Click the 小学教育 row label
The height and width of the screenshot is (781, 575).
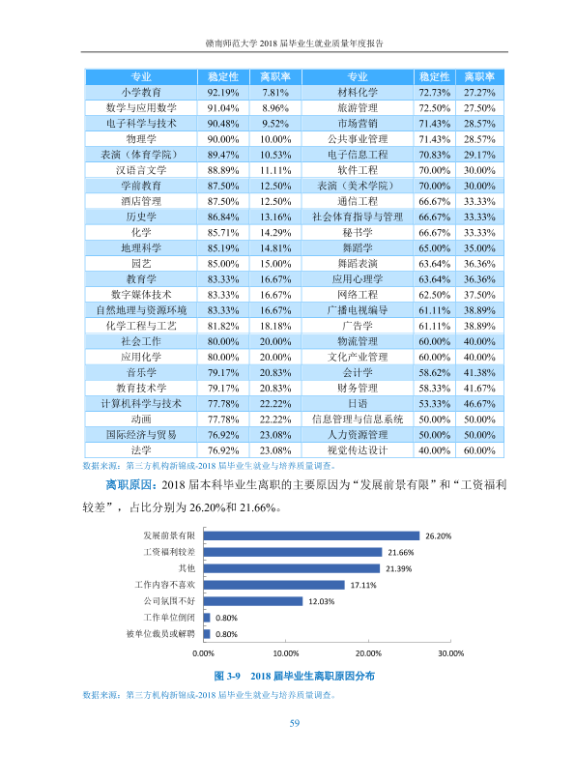(x=141, y=93)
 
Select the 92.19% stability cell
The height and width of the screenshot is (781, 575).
(x=223, y=93)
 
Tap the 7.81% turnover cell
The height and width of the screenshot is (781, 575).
(x=275, y=93)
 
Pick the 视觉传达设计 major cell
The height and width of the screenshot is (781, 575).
(x=358, y=450)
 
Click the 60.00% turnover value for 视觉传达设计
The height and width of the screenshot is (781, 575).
(x=479, y=450)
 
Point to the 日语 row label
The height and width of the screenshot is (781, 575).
(x=358, y=403)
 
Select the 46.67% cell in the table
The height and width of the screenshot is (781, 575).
(x=479, y=404)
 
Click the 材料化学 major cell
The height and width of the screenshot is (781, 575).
(x=358, y=93)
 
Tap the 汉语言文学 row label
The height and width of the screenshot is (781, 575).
(x=141, y=170)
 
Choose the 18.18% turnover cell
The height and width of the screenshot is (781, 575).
(x=275, y=327)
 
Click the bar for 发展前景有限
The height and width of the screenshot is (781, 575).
(x=311, y=535)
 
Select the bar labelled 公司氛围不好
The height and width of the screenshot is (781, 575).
(x=253, y=601)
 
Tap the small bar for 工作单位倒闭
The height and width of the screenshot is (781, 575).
(x=207, y=618)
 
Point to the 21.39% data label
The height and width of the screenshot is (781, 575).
(x=399, y=568)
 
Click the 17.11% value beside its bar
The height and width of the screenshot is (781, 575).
(x=363, y=585)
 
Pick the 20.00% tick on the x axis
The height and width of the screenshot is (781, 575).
(x=368, y=653)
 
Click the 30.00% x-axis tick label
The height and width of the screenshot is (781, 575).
(x=450, y=653)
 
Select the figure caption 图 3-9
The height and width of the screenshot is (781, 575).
(x=227, y=676)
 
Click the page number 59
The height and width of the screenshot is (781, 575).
(x=295, y=723)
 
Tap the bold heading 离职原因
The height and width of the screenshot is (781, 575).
(x=129, y=484)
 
